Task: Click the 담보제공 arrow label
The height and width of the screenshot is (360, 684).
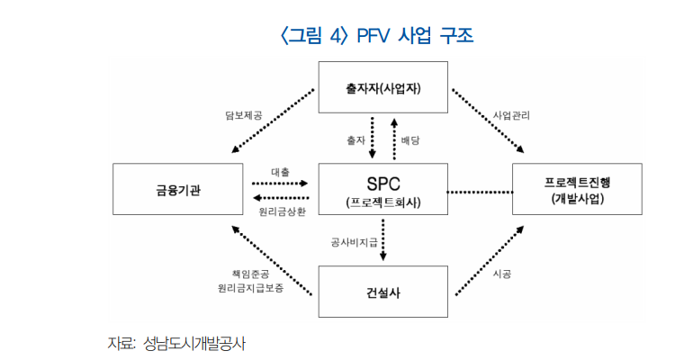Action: [243, 115]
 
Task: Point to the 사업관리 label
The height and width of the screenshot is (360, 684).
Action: [511, 115]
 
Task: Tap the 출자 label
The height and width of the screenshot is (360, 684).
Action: [355, 140]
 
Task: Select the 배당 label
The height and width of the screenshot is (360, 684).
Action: [410, 140]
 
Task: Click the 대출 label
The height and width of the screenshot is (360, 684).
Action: [280, 172]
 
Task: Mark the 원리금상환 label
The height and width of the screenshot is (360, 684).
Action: [283, 211]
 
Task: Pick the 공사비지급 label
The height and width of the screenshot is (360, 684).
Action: [354, 242]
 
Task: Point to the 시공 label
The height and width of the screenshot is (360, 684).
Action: [501, 274]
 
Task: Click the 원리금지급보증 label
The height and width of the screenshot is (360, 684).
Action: [250, 288]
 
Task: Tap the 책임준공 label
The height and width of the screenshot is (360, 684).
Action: [250, 274]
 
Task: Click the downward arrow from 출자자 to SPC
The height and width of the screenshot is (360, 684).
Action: [372, 138]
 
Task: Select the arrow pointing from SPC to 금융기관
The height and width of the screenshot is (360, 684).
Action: [281, 198]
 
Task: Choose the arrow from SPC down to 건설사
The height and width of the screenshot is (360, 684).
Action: [383, 240]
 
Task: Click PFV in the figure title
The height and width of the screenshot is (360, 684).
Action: [373, 36]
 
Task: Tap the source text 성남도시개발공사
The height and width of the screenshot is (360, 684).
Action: [194, 344]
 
